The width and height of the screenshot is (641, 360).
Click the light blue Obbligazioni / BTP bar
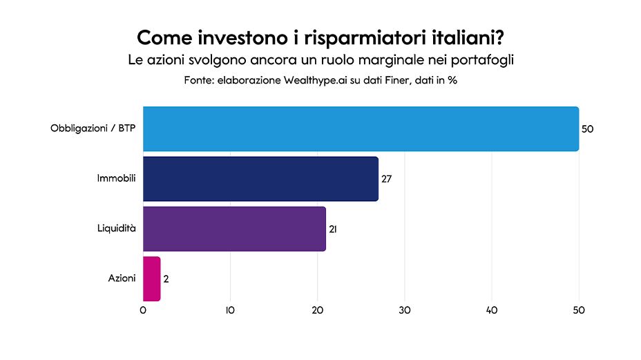tap(361, 129)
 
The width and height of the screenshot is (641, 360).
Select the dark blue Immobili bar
tap(260, 179)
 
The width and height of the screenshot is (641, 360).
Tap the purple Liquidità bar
tap(234, 229)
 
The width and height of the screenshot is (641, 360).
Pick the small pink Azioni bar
tap(151, 278)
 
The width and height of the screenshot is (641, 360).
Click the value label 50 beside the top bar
tap(588, 129)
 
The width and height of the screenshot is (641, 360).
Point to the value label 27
tap(387, 179)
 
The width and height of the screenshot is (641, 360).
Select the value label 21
tap(333, 229)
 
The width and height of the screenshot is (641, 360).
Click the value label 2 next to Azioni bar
tap(166, 278)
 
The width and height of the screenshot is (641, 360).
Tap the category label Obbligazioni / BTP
tap(93, 129)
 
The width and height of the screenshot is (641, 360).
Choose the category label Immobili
tap(116, 178)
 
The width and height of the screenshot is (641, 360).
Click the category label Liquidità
tap(115, 228)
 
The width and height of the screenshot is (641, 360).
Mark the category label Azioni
tap(122, 278)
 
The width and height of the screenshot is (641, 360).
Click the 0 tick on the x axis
tap(143, 310)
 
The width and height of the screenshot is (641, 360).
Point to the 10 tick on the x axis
tap(230, 310)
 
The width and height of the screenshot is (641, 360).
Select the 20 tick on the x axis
tap(317, 310)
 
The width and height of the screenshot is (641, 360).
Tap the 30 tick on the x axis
tap(405, 310)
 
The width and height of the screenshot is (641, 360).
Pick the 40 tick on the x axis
tap(492, 310)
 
